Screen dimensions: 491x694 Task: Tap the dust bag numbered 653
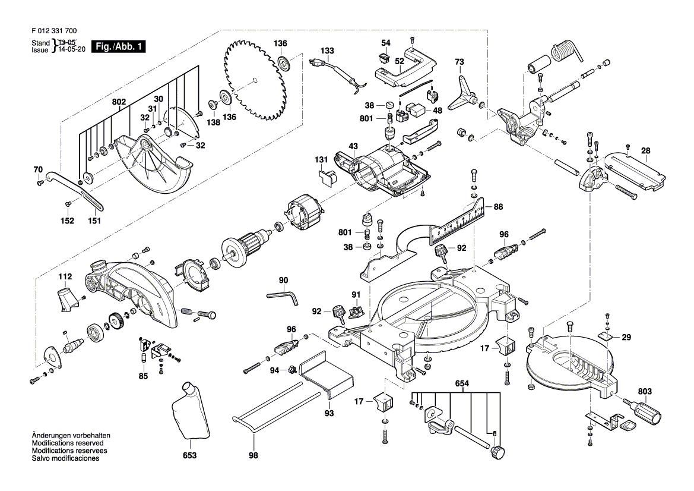pyautogui.click(x=189, y=413)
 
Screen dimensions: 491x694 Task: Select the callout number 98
pyautogui.click(x=253, y=456)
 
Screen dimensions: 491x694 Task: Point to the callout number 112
pyautogui.click(x=65, y=277)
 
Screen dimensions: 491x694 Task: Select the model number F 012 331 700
pyautogui.click(x=53, y=30)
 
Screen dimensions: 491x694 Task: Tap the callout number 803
pyautogui.click(x=645, y=392)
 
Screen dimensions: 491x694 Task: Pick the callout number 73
pyautogui.click(x=459, y=62)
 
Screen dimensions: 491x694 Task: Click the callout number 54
pyautogui.click(x=386, y=43)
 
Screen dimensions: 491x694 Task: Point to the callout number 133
pyautogui.click(x=328, y=50)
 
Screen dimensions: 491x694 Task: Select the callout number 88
pyautogui.click(x=497, y=207)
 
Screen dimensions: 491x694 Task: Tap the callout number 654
pyautogui.click(x=462, y=384)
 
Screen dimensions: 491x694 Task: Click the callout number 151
pyautogui.click(x=94, y=221)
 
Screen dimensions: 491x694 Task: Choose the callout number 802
pyautogui.click(x=119, y=102)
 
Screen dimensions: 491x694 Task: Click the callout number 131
pyautogui.click(x=321, y=160)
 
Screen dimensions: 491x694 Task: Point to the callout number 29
pyautogui.click(x=627, y=337)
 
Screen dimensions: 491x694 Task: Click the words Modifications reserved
pyautogui.click(x=70, y=443)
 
